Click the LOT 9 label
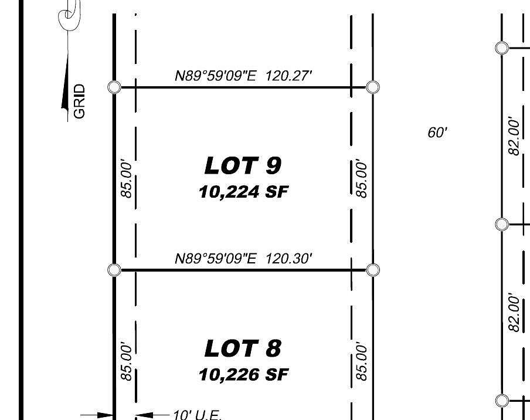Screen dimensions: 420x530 [243, 166]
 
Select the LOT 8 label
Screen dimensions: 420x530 [243, 349]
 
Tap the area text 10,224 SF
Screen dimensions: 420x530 [243, 192]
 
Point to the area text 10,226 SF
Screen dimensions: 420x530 [243, 374]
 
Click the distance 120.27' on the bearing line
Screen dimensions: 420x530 [288, 76]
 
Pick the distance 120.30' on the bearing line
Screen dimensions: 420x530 [288, 259]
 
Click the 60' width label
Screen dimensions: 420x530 [437, 133]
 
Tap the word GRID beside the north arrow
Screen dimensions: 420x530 [80, 101]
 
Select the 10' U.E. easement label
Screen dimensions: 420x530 [196, 415]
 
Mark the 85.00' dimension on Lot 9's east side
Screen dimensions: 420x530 [362, 179]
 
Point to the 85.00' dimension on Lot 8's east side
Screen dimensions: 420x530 [362, 362]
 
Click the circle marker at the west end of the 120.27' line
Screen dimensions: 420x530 [115, 87]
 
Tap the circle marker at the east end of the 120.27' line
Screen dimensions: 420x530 [373, 87]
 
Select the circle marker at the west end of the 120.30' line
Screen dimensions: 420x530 [115, 270]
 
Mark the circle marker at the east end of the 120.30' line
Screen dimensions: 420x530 [373, 270]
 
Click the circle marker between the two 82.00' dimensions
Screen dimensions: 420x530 [502, 224]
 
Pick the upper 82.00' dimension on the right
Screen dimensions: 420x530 [514, 136]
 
